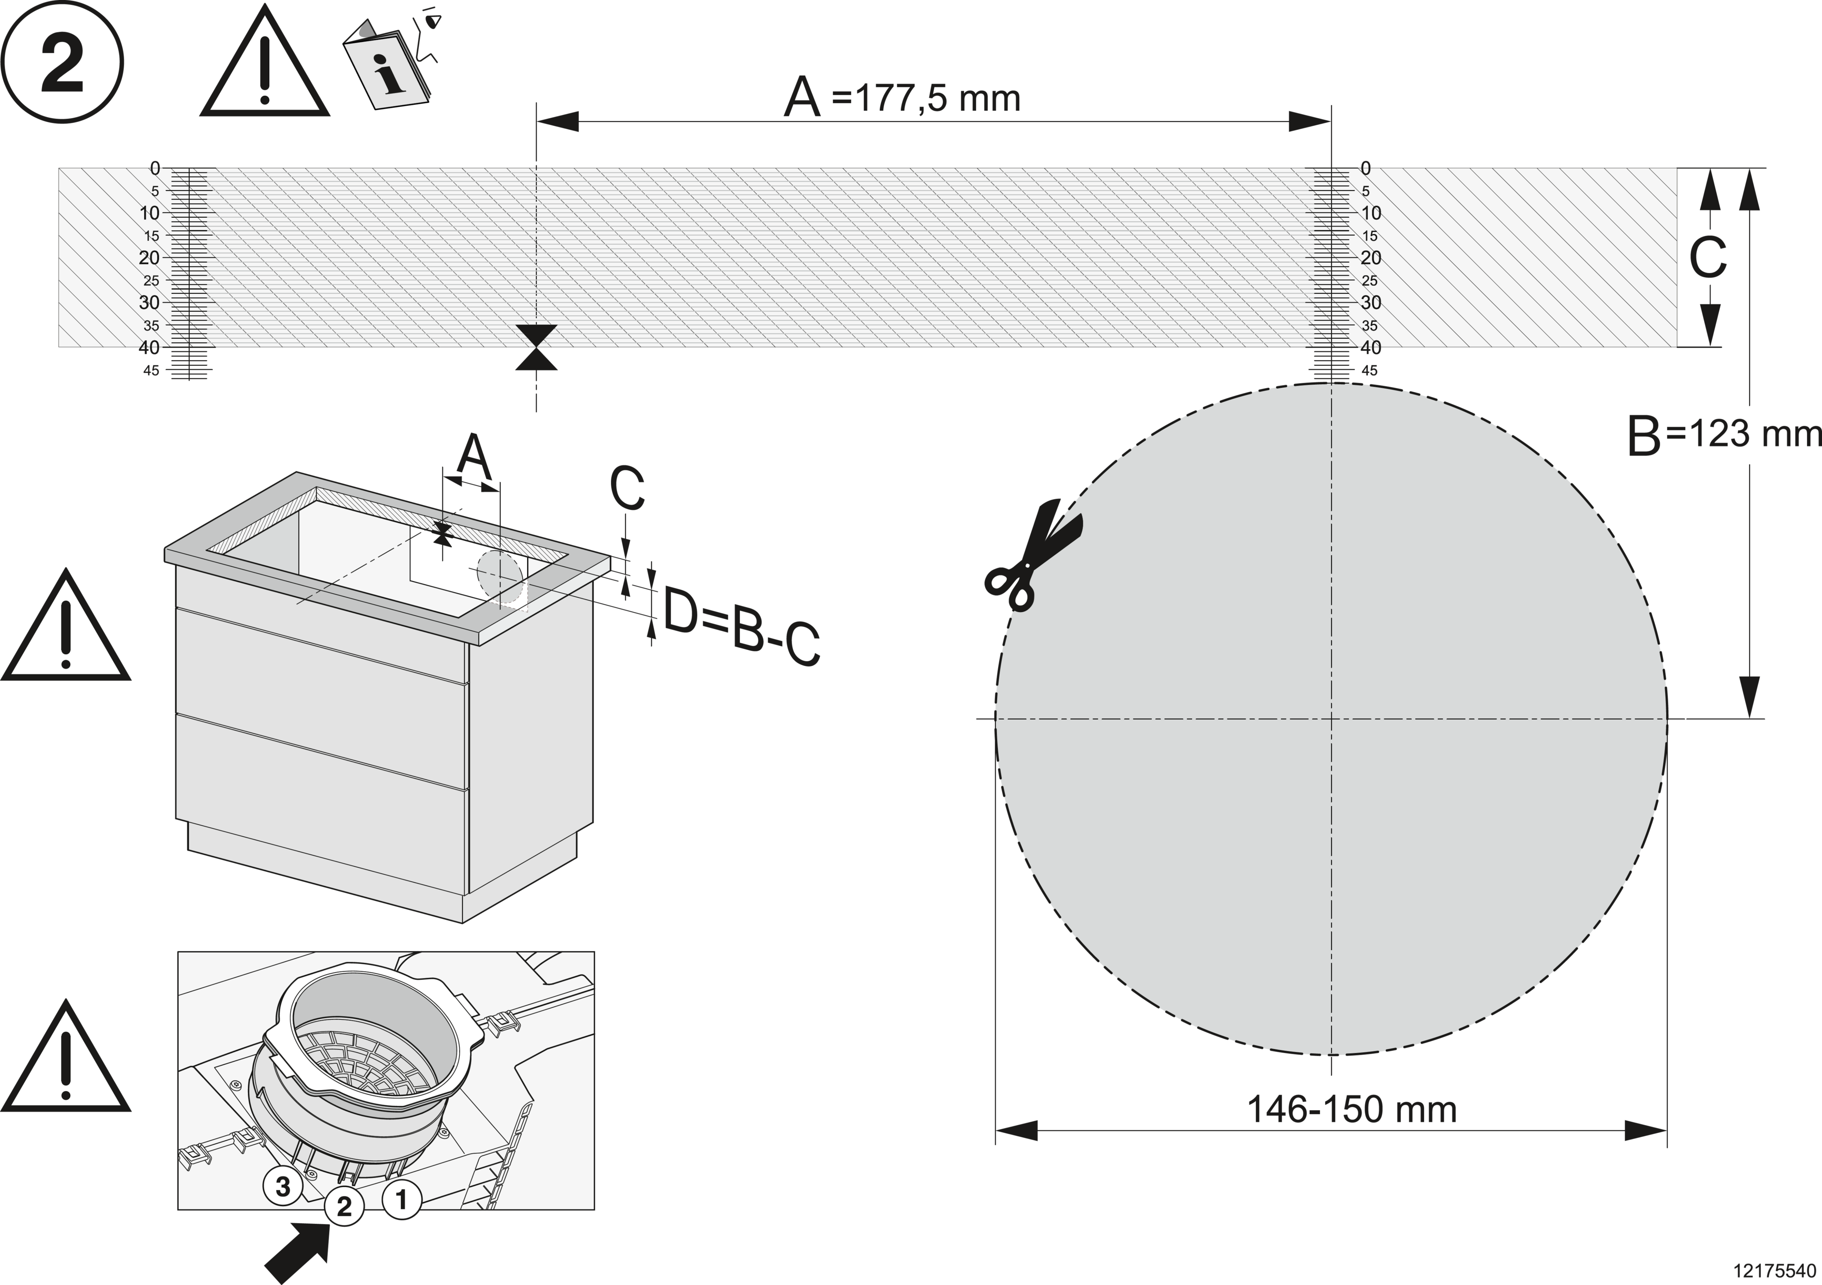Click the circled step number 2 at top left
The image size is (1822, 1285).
pyautogui.click(x=62, y=62)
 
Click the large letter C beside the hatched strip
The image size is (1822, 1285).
pyautogui.click(x=1708, y=258)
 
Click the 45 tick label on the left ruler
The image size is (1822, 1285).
pyautogui.click(x=151, y=371)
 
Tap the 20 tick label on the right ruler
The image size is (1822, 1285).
pyautogui.click(x=1371, y=258)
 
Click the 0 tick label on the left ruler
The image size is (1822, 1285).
pyautogui.click(x=155, y=168)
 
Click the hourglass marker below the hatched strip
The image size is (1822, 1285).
pyautogui.click(x=536, y=348)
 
